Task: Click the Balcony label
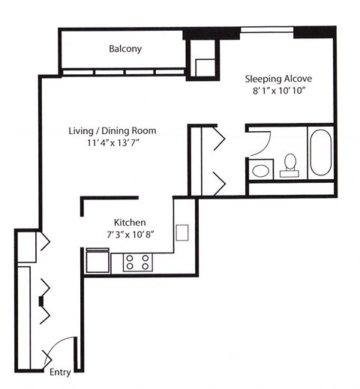coord(125,49)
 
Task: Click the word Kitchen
coord(129,223)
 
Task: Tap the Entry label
coord(59,372)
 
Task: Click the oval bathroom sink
coord(260,170)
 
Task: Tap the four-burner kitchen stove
coord(137,262)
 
